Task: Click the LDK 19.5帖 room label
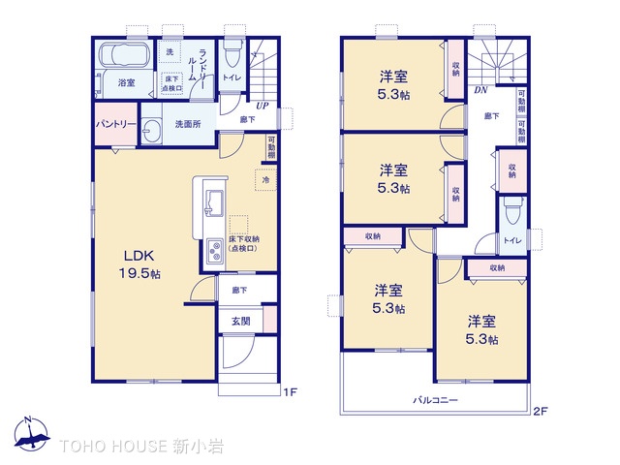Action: coord(140,264)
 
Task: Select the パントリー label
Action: coord(115,125)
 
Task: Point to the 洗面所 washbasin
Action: coord(153,132)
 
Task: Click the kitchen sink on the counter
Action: coord(212,202)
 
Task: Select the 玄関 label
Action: coord(241,321)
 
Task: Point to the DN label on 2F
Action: coord(480,91)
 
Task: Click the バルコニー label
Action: coord(435,399)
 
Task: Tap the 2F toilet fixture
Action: coord(511,210)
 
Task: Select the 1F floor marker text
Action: coord(289,391)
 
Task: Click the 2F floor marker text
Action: coord(541,411)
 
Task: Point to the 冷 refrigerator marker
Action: coord(264,179)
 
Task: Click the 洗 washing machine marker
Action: coord(170,50)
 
